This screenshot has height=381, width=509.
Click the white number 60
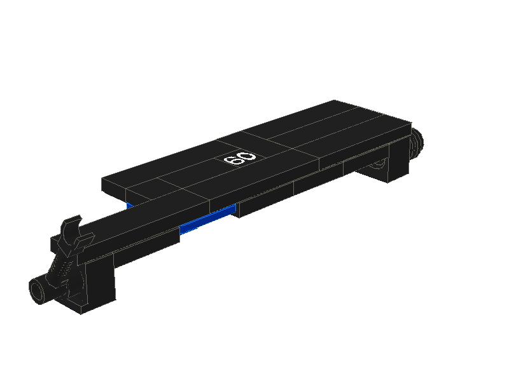240,158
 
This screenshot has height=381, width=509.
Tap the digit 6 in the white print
232,160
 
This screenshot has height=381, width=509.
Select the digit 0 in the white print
248,156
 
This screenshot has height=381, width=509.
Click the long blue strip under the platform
208,219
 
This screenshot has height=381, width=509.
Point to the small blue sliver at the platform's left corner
130,205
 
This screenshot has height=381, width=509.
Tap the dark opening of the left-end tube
38,291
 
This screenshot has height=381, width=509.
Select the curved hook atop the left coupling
71,227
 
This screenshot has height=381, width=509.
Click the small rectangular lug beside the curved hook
56,244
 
